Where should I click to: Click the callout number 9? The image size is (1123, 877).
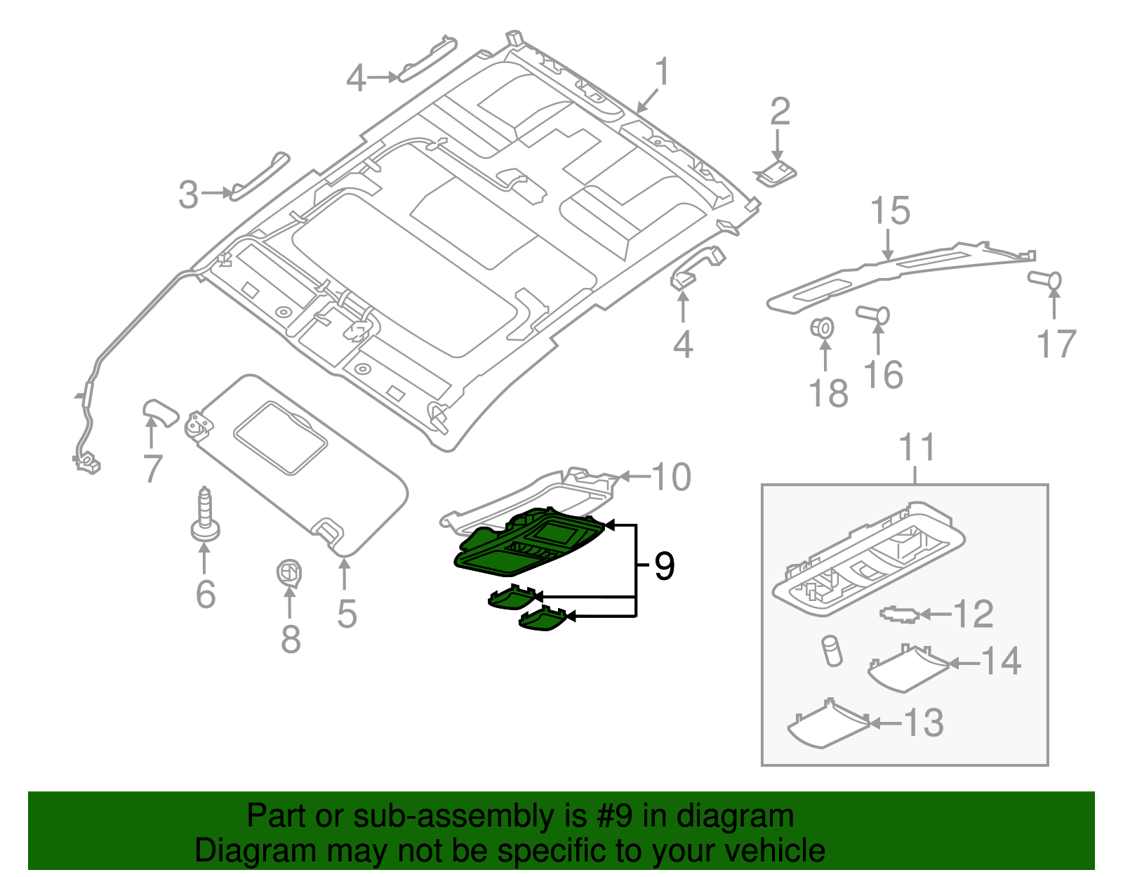(x=664, y=566)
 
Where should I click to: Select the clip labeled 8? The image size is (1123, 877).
(x=288, y=573)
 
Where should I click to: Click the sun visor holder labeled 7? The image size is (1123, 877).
(x=160, y=412)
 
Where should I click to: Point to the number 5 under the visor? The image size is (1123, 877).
(x=347, y=614)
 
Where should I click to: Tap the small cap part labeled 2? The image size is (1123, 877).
(x=776, y=173)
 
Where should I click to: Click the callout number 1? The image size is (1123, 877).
(x=661, y=72)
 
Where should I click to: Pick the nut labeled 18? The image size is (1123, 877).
(x=823, y=328)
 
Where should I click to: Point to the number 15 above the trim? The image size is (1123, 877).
(x=890, y=211)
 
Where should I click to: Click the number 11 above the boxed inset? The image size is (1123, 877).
(x=917, y=447)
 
